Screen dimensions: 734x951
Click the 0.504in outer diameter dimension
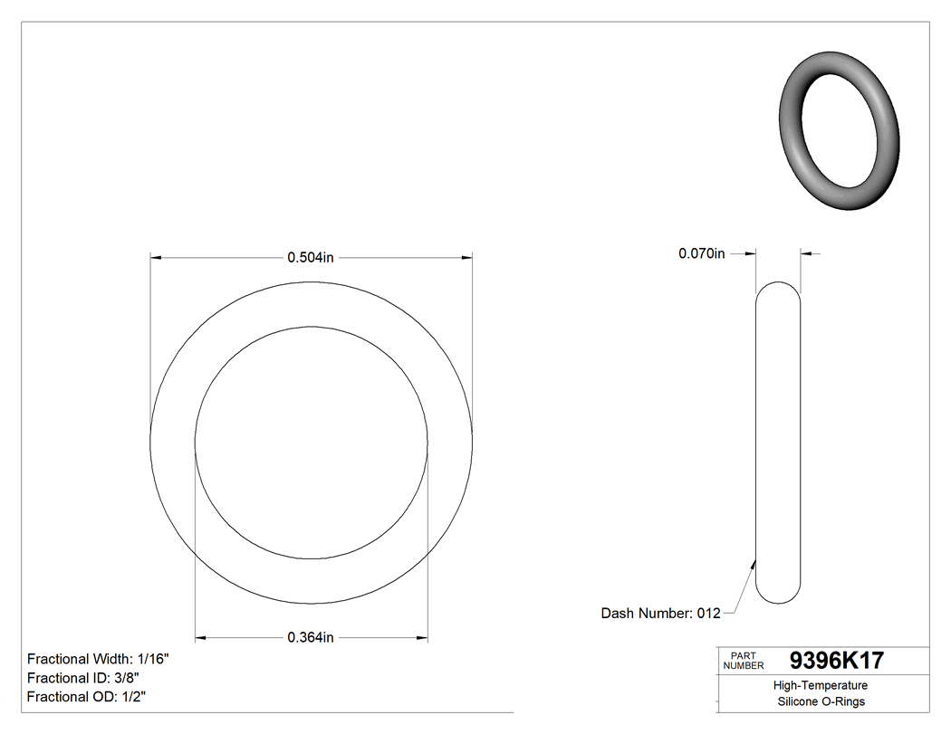click(311, 258)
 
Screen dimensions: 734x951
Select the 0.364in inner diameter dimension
click(311, 637)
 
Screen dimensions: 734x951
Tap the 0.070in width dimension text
click(702, 253)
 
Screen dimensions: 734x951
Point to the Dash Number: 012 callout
click(660, 614)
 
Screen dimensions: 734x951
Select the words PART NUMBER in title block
click(744, 661)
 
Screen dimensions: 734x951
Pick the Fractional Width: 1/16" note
click(98, 659)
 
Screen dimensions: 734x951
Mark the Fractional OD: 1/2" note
click(86, 697)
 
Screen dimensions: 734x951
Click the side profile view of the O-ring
click(778, 443)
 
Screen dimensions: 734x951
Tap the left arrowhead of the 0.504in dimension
click(156, 258)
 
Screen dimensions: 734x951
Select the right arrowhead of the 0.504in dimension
click(466, 258)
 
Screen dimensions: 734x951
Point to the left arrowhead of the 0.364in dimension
click(202, 637)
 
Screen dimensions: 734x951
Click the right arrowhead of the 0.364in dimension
click(421, 637)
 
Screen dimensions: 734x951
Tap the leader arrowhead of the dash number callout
click(754, 562)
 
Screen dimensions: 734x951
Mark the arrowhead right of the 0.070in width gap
click(806, 253)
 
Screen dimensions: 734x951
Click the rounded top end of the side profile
click(778, 288)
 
